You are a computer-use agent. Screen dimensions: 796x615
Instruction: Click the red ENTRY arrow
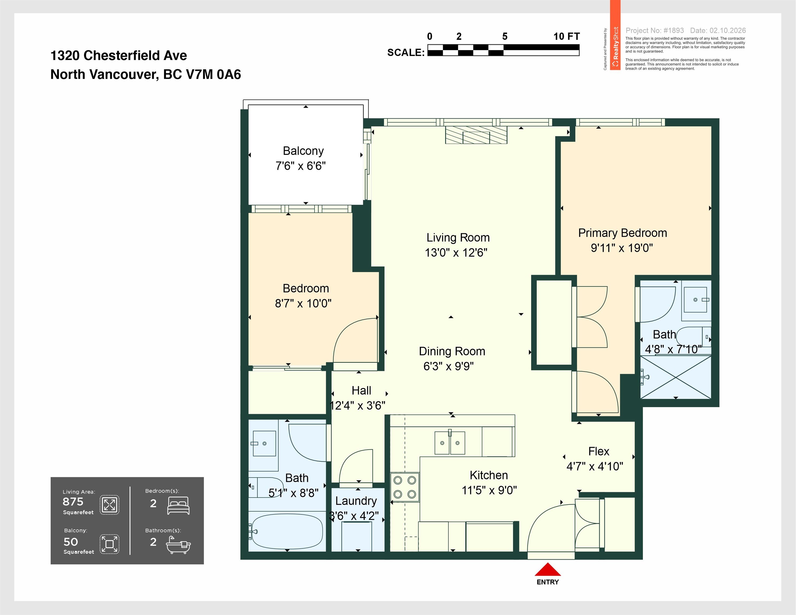coord(547,569)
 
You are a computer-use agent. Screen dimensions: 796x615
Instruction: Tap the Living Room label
coord(458,238)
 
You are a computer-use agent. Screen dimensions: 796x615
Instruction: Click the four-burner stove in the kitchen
coord(405,487)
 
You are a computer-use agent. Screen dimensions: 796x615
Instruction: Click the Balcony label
coord(303,151)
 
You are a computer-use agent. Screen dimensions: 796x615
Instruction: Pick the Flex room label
coord(599,451)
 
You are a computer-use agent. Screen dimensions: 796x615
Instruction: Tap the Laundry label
coord(356,501)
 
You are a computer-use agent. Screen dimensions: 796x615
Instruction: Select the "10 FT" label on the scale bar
coord(566,36)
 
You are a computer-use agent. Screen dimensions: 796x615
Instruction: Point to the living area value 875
coord(73,502)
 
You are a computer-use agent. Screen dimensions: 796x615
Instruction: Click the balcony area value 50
coord(71,542)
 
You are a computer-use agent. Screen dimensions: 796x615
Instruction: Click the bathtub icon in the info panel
coord(178,545)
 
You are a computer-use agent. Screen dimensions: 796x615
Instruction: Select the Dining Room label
coord(452,351)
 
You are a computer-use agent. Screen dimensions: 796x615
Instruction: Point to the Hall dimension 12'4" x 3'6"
coord(358,405)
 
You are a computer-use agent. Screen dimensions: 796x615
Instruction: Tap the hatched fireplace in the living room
coord(476,135)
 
